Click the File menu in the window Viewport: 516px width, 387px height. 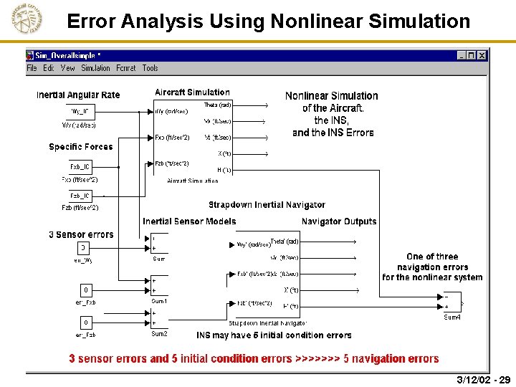coord(32,68)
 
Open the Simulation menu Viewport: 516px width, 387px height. coord(95,68)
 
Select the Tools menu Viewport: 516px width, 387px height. coord(150,68)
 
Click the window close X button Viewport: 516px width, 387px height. coord(482,55)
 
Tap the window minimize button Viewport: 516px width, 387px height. coord(461,55)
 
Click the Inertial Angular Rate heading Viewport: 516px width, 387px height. coord(78,95)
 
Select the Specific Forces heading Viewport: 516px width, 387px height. coord(81,147)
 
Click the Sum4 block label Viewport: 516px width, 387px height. coord(452,317)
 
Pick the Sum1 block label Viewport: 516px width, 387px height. coord(159,301)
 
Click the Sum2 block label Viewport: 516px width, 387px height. coord(159,334)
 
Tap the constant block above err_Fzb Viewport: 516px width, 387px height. coord(86,322)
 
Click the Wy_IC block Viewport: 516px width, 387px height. coord(80,111)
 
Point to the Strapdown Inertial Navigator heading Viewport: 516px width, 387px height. coord(267,205)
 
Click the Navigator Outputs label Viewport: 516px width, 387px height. coord(338,221)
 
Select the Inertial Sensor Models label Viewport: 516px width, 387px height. coord(189,221)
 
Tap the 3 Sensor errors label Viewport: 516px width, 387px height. coord(81,234)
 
